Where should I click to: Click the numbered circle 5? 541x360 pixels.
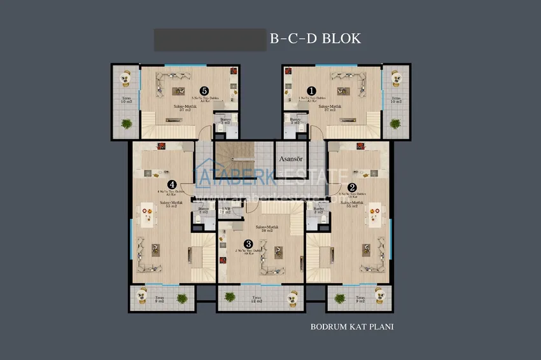pyautogui.click(x=204, y=92)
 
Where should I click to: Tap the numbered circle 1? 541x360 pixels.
pyautogui.click(x=311, y=92)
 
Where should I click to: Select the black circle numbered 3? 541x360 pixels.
pyautogui.click(x=248, y=243)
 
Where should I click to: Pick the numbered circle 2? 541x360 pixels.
pyautogui.click(x=352, y=187)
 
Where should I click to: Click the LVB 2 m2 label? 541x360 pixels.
pyautogui.click(x=225, y=211)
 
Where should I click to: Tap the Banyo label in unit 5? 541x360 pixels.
pyautogui.click(x=225, y=120)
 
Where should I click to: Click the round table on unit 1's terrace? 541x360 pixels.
pyautogui.click(x=397, y=78)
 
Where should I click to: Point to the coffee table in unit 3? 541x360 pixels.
pyautogui.click(x=278, y=251)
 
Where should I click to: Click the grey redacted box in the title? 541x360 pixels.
pyautogui.click(x=209, y=39)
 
